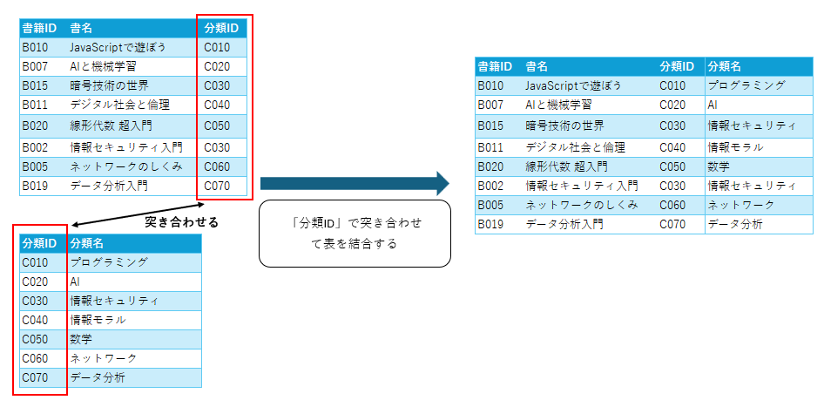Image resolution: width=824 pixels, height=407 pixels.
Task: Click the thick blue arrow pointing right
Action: click(x=355, y=184)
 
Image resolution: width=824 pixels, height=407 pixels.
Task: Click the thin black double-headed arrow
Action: click(x=134, y=214)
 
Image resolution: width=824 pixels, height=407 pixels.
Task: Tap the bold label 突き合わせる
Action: click(x=181, y=222)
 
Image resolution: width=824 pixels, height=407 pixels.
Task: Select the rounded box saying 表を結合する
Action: click(x=355, y=234)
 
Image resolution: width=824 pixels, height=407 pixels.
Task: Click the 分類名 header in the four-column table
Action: click(x=724, y=66)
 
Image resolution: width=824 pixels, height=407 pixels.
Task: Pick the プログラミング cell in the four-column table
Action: click(x=746, y=85)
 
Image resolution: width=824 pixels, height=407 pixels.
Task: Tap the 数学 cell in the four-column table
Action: click(x=719, y=166)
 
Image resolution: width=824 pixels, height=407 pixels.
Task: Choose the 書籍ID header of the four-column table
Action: click(x=495, y=66)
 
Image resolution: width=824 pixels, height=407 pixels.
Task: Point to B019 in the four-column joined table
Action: click(x=490, y=225)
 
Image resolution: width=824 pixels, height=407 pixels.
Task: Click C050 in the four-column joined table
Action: click(x=672, y=166)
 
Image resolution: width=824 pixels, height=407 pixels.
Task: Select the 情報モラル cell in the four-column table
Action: click(x=735, y=147)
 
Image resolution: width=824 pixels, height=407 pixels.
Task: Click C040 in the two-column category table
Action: click(x=35, y=320)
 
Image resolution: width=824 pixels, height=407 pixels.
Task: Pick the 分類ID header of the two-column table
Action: click(x=39, y=243)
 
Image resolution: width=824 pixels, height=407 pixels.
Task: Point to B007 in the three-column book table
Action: click(x=35, y=66)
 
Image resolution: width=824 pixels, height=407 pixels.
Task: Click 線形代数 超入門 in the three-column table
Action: click(x=111, y=125)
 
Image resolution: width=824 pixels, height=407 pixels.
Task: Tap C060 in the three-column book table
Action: click(x=217, y=166)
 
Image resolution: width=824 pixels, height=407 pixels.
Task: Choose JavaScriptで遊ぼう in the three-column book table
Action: click(x=118, y=47)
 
